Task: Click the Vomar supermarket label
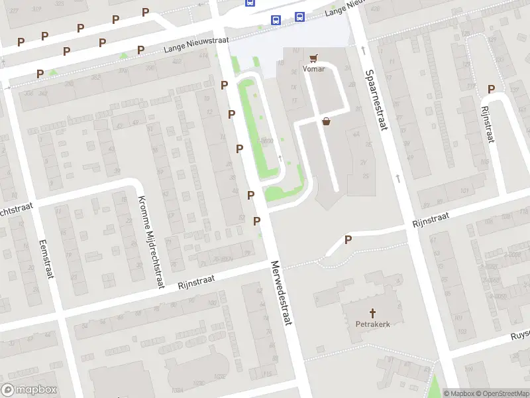coord(314,69)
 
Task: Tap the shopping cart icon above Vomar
coord(314,58)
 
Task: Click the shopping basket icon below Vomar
coord(326,121)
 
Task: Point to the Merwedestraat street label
coord(282,292)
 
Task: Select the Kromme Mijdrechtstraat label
coord(150,242)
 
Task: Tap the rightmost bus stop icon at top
coord(299,17)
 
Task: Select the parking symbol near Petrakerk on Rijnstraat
coord(347,239)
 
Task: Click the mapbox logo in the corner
coord(29,389)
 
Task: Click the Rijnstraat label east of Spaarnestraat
coord(431,220)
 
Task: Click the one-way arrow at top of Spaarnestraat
coord(363,50)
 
